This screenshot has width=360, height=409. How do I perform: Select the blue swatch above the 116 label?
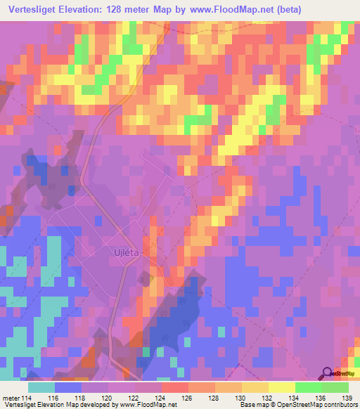tap(68, 387)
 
